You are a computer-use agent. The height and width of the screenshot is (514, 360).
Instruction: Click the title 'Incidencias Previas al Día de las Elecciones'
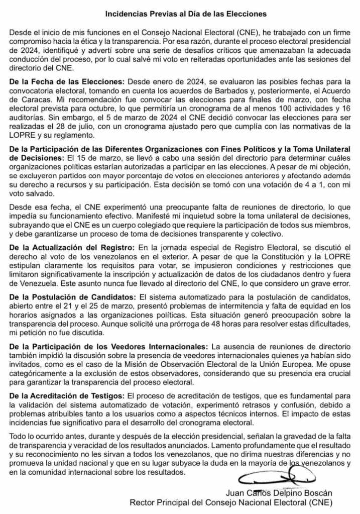pyautogui.click(x=179, y=14)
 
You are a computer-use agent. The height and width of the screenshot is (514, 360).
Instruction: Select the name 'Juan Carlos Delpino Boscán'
pyautogui.click(x=280, y=493)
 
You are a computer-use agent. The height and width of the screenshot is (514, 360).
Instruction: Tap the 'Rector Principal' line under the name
pyautogui.click(x=231, y=502)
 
